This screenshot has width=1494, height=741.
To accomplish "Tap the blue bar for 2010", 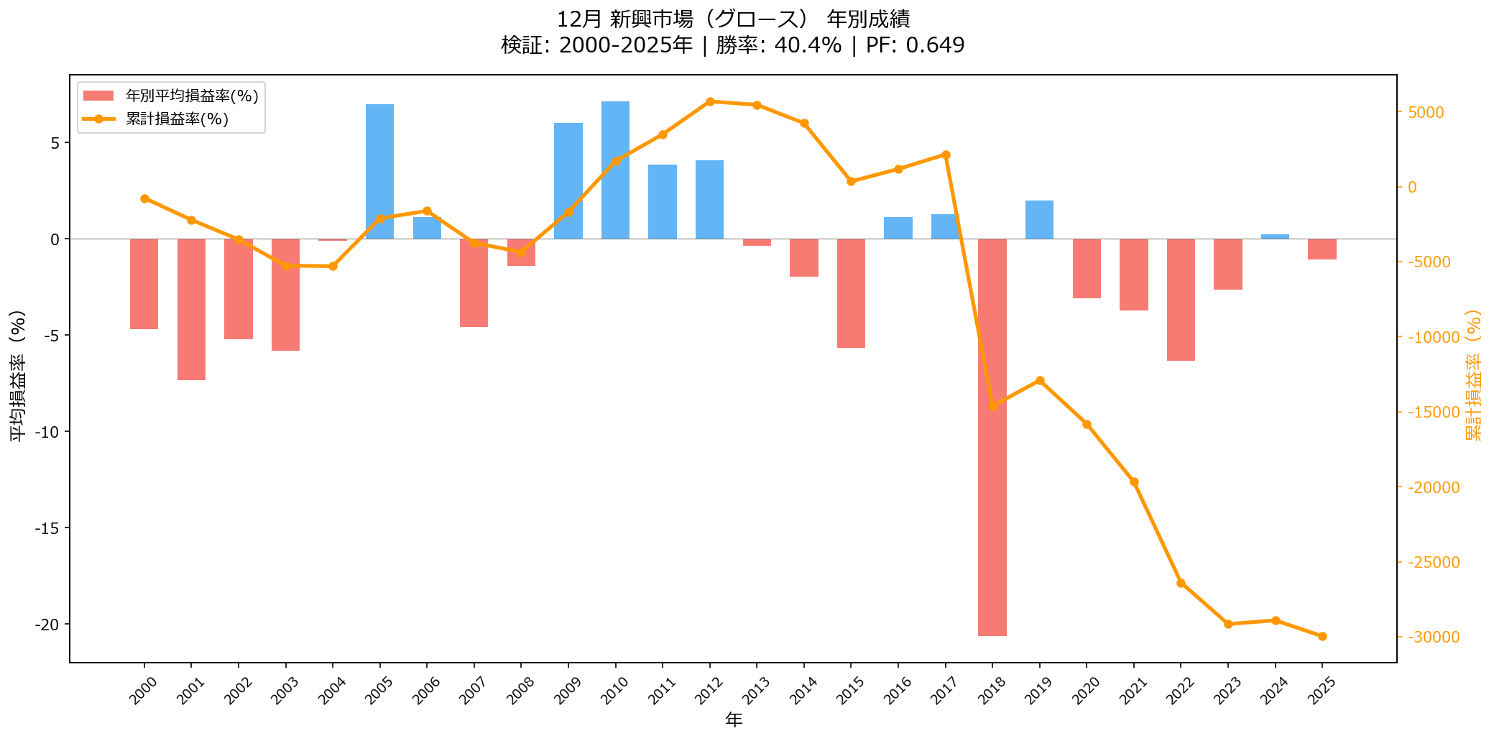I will coord(615,170).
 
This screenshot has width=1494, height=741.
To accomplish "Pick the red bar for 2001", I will coord(191,309).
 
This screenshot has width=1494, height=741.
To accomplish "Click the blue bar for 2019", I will coord(1039,219).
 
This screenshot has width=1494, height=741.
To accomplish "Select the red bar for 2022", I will coord(1181,300).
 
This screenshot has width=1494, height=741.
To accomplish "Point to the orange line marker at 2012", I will coord(710,101).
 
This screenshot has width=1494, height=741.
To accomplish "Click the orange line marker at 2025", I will coord(1322,636).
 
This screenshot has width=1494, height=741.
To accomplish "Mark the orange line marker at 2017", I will coord(946,155).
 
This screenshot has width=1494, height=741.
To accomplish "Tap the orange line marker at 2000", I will coord(144,198).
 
